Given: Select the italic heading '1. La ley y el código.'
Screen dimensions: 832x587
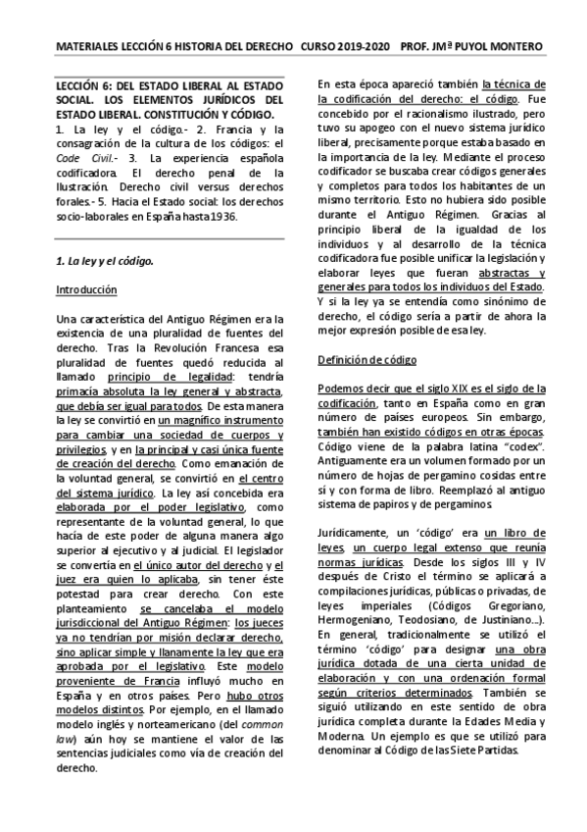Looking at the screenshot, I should (104, 262).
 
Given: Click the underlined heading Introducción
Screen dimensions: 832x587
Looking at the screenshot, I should (86, 291).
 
